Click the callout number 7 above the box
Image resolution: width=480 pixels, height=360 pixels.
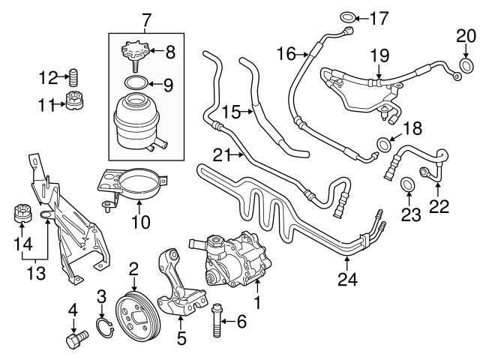pyautogui.click(x=146, y=17)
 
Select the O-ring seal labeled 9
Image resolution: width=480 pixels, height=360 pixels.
pyautogui.click(x=136, y=82)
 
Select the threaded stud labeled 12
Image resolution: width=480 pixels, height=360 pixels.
pyautogui.click(x=73, y=76)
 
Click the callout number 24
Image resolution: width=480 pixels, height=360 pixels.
pyautogui.click(x=348, y=282)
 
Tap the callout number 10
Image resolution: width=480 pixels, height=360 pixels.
pyautogui.click(x=141, y=223)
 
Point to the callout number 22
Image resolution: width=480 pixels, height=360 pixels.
pyautogui.click(x=438, y=205)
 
